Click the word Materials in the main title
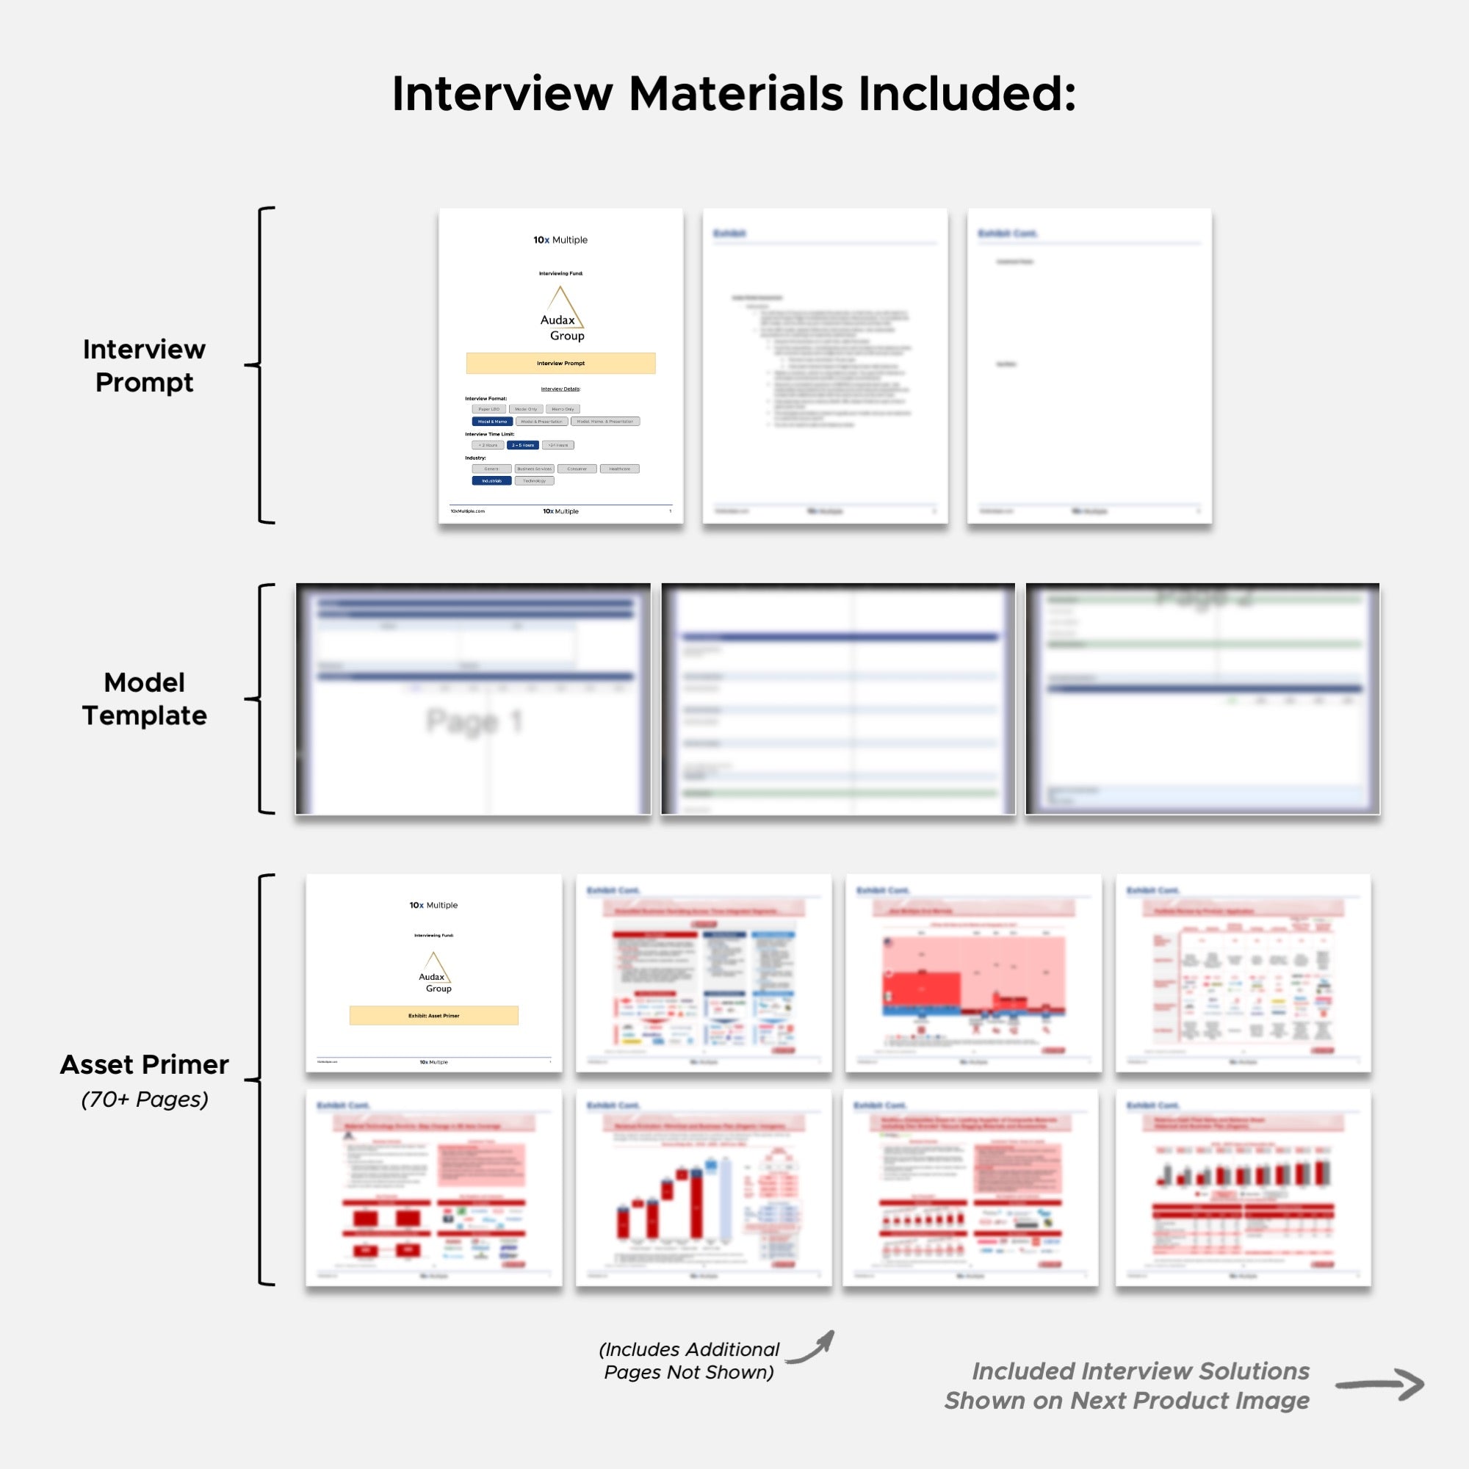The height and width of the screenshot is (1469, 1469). tap(735, 94)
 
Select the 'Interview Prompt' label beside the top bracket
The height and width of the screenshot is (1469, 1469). tap(144, 366)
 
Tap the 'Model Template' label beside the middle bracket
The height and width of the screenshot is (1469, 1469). tap(144, 699)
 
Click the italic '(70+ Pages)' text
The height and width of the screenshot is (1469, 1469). tap(145, 1099)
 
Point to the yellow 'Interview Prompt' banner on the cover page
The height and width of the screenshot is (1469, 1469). tap(560, 364)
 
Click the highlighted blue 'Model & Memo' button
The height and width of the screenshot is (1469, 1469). tap(492, 421)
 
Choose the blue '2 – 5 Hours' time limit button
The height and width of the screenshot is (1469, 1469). tap(522, 446)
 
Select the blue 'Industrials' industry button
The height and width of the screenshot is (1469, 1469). tap(491, 480)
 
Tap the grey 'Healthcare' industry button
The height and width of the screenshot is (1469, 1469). tap(619, 469)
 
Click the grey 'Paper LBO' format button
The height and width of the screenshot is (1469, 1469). tap(489, 409)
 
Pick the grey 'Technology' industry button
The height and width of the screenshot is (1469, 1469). tap(535, 480)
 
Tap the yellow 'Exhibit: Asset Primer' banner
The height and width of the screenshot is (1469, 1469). tap(433, 1016)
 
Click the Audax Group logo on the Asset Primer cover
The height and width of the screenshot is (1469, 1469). tap(434, 972)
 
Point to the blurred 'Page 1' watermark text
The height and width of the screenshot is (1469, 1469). tap(474, 721)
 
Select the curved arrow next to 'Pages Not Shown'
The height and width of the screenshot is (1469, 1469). tap(812, 1346)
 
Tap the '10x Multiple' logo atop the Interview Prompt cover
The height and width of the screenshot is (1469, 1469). tap(560, 240)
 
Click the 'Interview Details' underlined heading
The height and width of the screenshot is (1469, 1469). tap(560, 389)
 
